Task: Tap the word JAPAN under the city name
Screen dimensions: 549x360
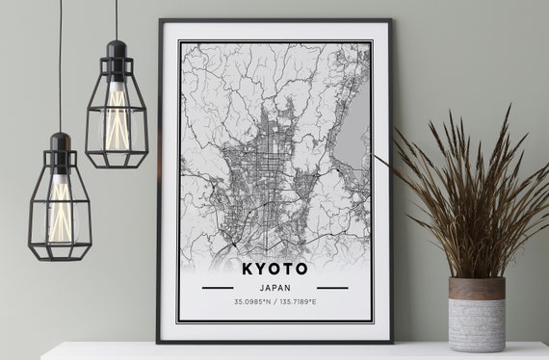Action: pos(274,287)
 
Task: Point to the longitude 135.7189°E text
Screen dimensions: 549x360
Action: pos(299,303)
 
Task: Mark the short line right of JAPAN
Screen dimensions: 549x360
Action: pos(332,287)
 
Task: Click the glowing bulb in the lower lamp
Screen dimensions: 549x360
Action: pos(60,207)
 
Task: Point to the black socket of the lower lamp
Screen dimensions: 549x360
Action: pos(60,149)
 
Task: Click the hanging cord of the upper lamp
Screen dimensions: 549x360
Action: pos(117,19)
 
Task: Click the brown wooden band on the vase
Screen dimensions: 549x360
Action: pos(476,288)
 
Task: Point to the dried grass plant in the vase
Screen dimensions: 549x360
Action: pos(462,193)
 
